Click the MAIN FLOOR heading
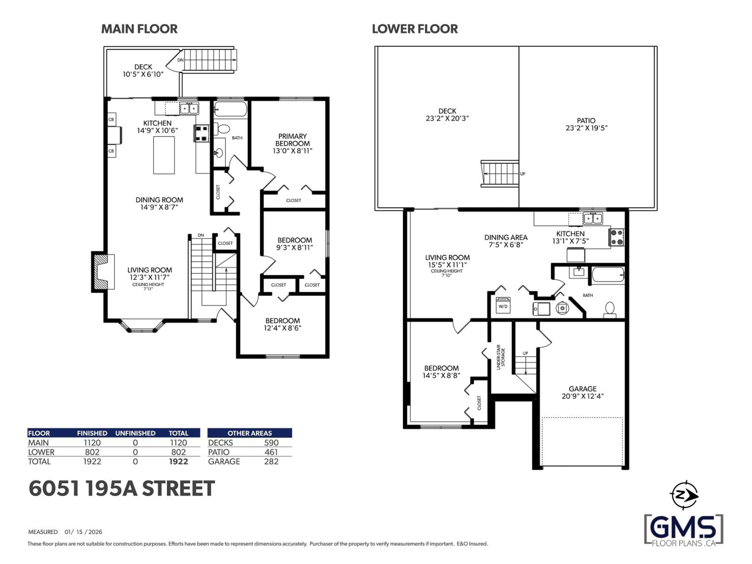pos(139,29)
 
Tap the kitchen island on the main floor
pos(164,155)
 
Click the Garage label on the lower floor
pos(582,389)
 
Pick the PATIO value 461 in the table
pos(271,452)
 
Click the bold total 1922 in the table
pos(178,462)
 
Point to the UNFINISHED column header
pos(135,433)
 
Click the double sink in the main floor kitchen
pos(189,108)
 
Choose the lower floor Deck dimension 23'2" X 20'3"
pos(447,118)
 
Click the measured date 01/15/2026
pos(83,532)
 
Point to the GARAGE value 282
pos(271,462)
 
